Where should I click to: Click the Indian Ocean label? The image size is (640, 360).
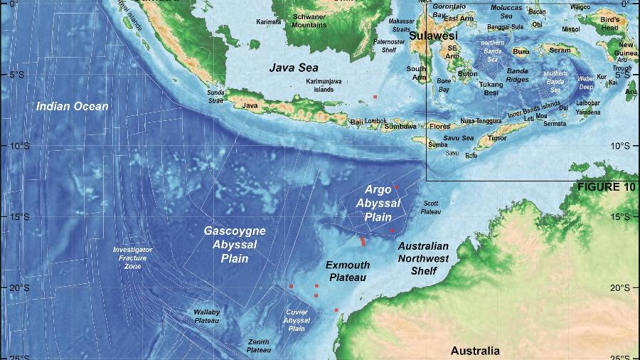[73, 107]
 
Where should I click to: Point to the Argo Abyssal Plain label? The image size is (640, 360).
[374, 203]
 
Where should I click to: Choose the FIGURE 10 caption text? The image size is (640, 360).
[606, 187]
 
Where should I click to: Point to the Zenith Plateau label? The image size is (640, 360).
[259, 346]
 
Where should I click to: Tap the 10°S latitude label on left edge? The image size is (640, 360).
[19, 146]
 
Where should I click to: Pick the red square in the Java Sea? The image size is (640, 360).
[375, 96]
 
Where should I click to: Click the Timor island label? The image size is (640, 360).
[498, 140]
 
